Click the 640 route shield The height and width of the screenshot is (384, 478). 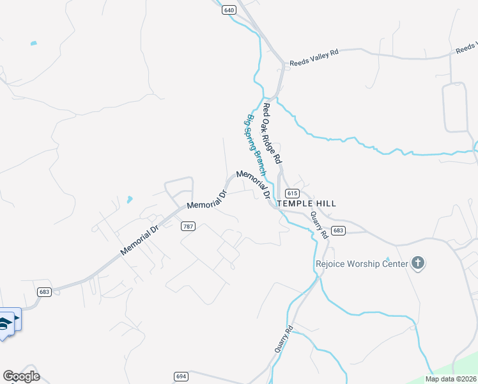pyautogui.click(x=229, y=10)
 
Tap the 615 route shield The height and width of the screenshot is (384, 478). pyautogui.click(x=293, y=193)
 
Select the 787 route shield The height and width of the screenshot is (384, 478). pyautogui.click(x=188, y=227)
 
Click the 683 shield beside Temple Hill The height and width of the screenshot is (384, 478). pyautogui.click(x=339, y=230)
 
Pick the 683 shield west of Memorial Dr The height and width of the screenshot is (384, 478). pyautogui.click(x=44, y=292)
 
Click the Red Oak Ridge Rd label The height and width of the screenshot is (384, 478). pyautogui.click(x=273, y=132)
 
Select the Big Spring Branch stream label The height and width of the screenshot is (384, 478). pyautogui.click(x=255, y=145)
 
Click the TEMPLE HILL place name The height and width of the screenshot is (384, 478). pyautogui.click(x=306, y=204)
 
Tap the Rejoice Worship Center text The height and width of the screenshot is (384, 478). pyautogui.click(x=362, y=264)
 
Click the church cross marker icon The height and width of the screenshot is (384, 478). pyautogui.click(x=418, y=263)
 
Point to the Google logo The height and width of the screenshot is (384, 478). pyautogui.click(x=21, y=376)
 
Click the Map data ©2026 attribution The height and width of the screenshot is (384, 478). pyautogui.click(x=451, y=379)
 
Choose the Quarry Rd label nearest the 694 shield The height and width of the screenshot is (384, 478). pyautogui.click(x=284, y=339)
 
